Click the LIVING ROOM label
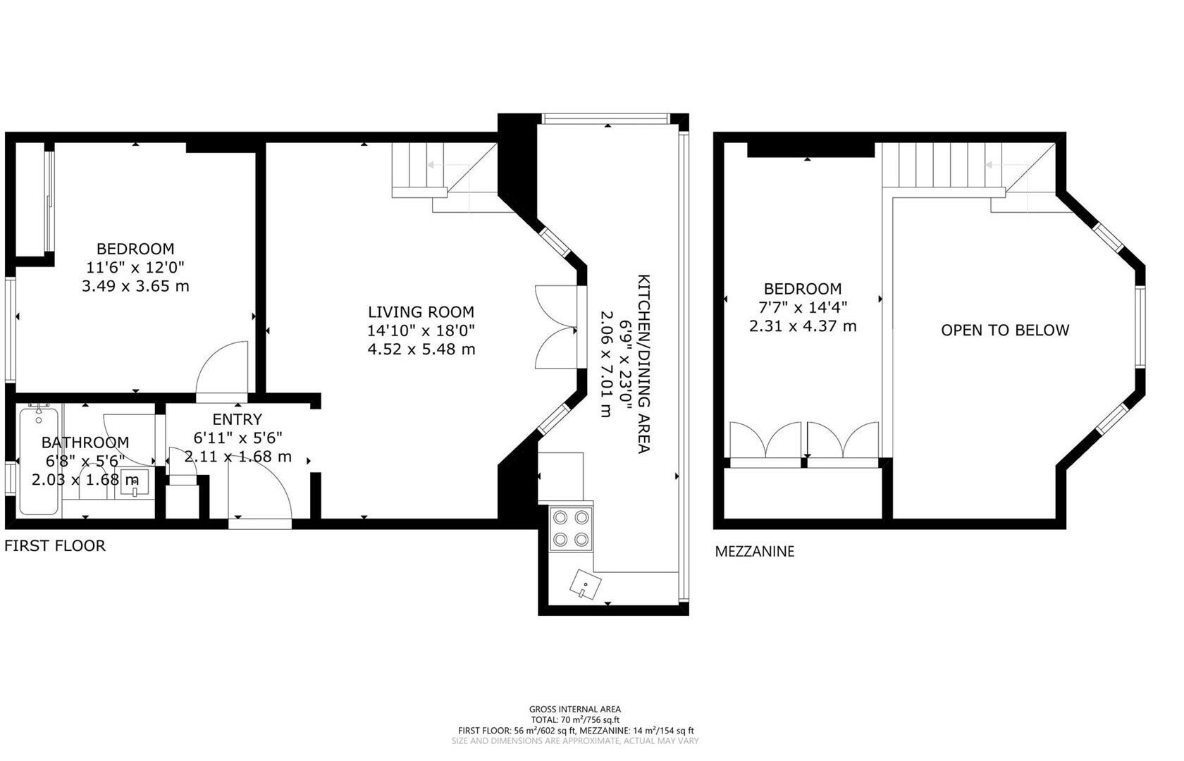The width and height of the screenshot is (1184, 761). (421, 311)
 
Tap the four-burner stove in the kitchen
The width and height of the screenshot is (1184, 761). (571, 528)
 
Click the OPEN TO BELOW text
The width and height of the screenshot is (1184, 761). (1005, 330)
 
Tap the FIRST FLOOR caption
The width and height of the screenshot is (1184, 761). (55, 545)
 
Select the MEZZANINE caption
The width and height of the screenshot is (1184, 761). (754, 552)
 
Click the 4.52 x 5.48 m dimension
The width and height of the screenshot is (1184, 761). (421, 349)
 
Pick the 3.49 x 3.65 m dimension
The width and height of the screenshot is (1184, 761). (135, 286)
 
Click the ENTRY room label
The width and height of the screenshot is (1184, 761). (237, 419)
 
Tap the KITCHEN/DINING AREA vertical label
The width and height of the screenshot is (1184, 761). (643, 363)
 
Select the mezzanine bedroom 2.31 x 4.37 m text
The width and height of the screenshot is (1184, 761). (803, 326)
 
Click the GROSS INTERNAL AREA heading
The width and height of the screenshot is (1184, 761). (575, 710)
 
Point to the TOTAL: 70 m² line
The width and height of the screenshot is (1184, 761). (575, 720)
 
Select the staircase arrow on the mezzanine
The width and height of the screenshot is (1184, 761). (993, 165)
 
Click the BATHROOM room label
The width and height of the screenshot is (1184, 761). (85, 443)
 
